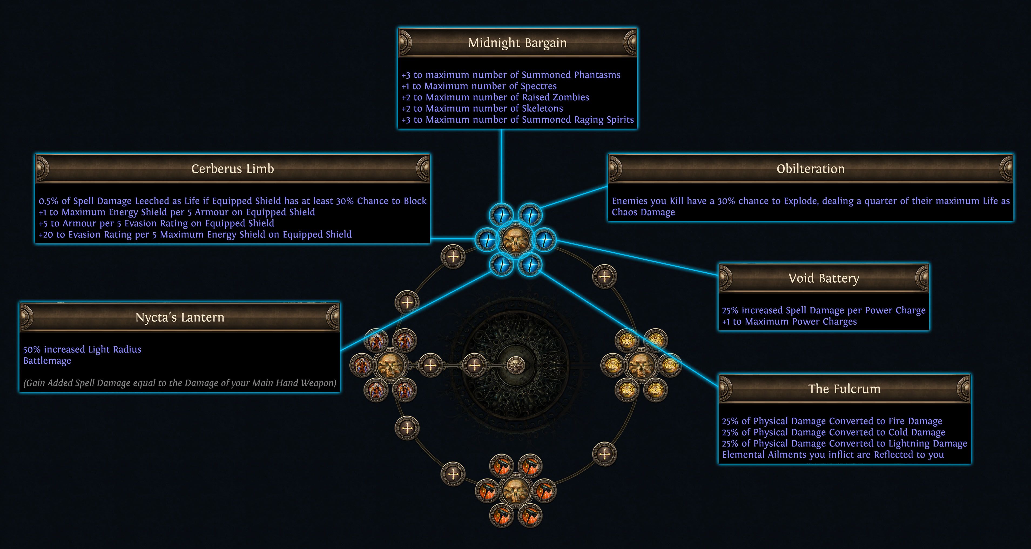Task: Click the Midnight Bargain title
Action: click(517, 43)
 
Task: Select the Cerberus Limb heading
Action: click(233, 169)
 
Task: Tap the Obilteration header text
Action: click(810, 169)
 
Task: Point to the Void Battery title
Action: click(824, 278)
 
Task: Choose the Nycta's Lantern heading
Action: click(180, 317)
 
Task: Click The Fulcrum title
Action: click(844, 389)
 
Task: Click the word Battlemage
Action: click(47, 361)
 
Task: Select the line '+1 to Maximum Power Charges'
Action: click(789, 322)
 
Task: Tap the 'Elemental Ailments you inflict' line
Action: click(833, 454)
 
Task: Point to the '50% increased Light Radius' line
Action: click(82, 350)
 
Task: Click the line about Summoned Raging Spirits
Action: click(517, 120)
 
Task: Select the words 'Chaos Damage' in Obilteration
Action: click(643, 212)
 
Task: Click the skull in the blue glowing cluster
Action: click(515, 239)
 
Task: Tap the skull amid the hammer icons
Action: click(515, 491)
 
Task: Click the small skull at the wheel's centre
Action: click(515, 365)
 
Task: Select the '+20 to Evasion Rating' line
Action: click(195, 235)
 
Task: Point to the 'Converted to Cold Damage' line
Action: click(834, 433)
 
